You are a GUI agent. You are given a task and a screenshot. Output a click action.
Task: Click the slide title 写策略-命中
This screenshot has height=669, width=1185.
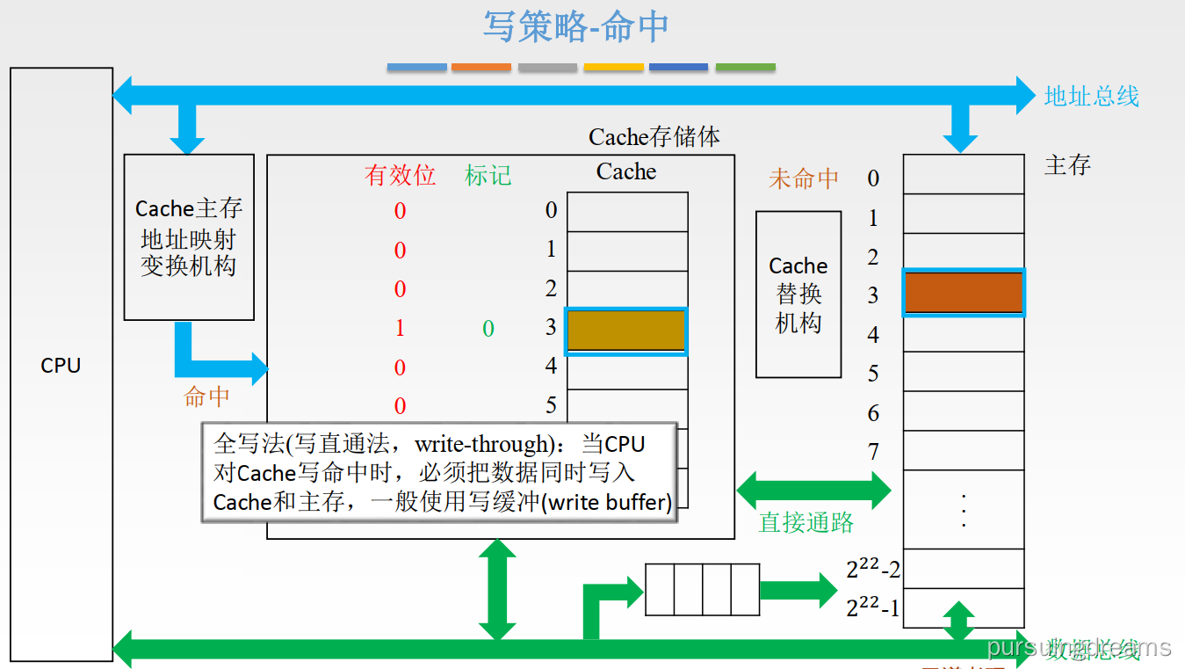pos(575,26)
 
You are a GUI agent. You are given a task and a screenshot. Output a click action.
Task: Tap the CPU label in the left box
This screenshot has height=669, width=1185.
pos(61,366)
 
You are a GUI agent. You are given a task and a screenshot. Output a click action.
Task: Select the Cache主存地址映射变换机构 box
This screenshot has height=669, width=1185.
pos(189,237)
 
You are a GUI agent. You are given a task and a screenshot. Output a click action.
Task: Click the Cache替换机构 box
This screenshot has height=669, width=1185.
pos(798,295)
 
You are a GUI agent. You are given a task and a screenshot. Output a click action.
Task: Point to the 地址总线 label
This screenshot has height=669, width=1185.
pos(1091,96)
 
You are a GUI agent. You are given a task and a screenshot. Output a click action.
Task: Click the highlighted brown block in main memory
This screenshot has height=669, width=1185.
pos(964,293)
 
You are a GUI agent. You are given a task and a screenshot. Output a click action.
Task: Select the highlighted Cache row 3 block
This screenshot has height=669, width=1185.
pos(626,331)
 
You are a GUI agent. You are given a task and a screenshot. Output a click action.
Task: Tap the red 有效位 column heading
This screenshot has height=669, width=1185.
pos(400,175)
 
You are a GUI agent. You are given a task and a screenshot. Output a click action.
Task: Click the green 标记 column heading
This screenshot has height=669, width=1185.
pos(488,175)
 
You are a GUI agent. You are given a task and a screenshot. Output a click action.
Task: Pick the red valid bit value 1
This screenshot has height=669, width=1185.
pos(400,329)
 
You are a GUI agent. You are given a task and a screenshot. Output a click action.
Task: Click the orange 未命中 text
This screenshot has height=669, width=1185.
pos(803,178)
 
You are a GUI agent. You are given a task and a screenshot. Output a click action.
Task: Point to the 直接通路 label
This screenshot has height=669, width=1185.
pos(806,522)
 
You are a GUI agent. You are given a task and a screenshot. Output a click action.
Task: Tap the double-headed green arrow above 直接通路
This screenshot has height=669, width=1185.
pos(813,490)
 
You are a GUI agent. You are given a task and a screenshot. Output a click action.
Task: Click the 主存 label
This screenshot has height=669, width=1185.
pos(1067,164)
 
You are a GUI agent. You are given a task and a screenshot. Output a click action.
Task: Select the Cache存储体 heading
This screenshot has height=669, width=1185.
pos(654,137)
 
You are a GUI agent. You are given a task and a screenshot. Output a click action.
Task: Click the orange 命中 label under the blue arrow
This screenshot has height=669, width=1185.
pos(206,396)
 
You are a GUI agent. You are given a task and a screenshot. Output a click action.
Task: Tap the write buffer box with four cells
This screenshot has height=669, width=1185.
pos(702,590)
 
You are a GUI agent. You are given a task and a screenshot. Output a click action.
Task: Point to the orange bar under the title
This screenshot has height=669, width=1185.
pos(481,67)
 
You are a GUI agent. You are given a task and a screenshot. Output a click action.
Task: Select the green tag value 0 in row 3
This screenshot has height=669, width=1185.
pos(488,329)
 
